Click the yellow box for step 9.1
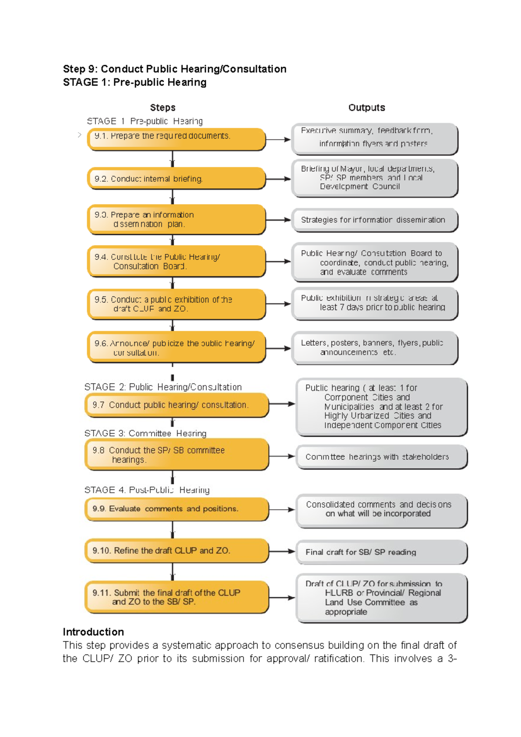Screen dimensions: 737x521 coord(176,139)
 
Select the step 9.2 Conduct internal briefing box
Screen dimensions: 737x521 coord(176,179)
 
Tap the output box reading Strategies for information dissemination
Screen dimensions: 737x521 coord(374,220)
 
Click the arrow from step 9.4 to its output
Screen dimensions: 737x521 coord(278,262)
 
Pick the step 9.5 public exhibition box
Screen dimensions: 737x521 coord(176,304)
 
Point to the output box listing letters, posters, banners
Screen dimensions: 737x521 coord(374,348)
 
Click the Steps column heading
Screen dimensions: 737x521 coord(163,107)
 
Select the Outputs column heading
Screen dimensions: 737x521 coord(366,107)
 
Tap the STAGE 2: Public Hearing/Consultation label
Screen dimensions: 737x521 coord(163,387)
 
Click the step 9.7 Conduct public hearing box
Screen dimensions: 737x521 coord(176,405)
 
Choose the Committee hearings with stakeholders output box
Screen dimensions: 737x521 coord(381,457)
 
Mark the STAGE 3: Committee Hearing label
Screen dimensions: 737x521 coord(145,433)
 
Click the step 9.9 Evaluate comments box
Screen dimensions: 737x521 coord(176,509)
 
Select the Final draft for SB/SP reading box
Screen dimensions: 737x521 coord(381,552)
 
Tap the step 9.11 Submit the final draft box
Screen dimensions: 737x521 coord(176,597)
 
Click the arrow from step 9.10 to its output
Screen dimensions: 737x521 coord(282,551)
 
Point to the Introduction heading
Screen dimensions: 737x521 coord(93,632)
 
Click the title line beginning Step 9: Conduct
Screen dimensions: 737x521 coord(175,69)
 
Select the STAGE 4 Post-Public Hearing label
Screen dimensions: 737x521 coord(147,490)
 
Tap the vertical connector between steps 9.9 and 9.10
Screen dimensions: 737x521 coord(172,529)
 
